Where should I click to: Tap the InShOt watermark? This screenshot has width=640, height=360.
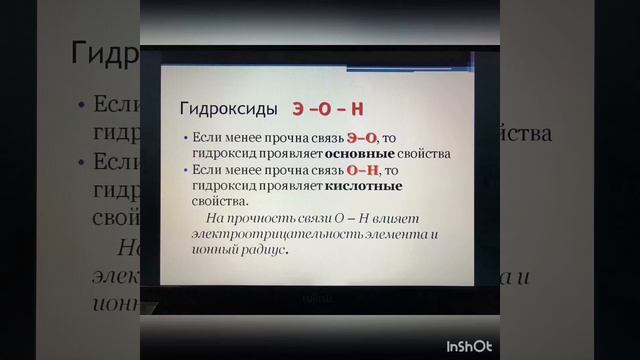click(469, 346)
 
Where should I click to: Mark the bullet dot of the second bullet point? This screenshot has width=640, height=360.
click(187, 170)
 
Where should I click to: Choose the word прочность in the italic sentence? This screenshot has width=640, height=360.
click(260, 217)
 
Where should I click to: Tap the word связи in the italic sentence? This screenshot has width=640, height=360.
click(321, 217)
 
